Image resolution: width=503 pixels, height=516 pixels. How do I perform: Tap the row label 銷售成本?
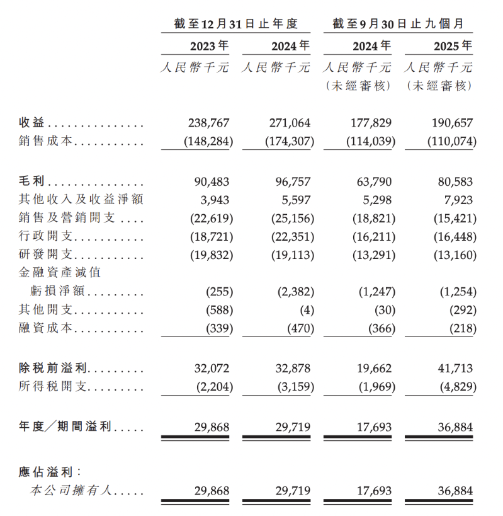47,142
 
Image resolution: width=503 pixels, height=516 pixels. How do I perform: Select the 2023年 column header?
209,46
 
